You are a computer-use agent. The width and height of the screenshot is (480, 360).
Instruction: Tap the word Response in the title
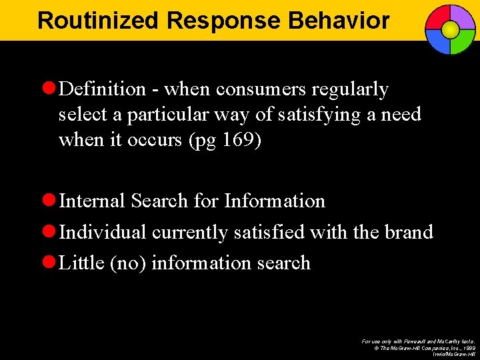coord(225,21)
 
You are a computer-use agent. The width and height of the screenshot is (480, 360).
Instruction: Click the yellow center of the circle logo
coord(450,29)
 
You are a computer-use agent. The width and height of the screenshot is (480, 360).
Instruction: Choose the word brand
coord(409,232)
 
